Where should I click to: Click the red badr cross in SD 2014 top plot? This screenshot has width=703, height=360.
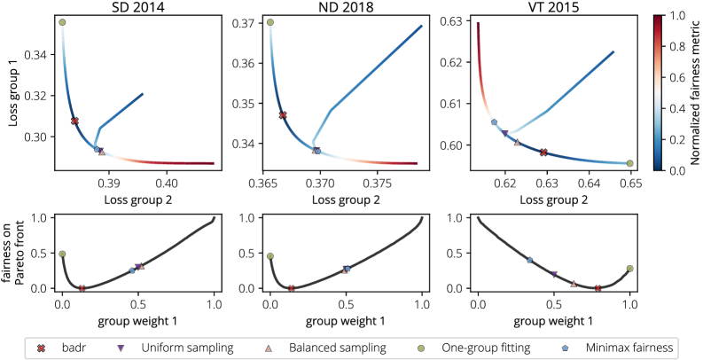point(75,121)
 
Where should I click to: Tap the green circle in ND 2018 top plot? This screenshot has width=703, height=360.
point(270,23)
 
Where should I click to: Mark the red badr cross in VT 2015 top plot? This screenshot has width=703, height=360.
point(544,153)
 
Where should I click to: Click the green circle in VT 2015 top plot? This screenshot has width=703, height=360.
point(629,163)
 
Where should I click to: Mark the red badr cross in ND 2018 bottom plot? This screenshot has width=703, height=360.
point(292,288)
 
